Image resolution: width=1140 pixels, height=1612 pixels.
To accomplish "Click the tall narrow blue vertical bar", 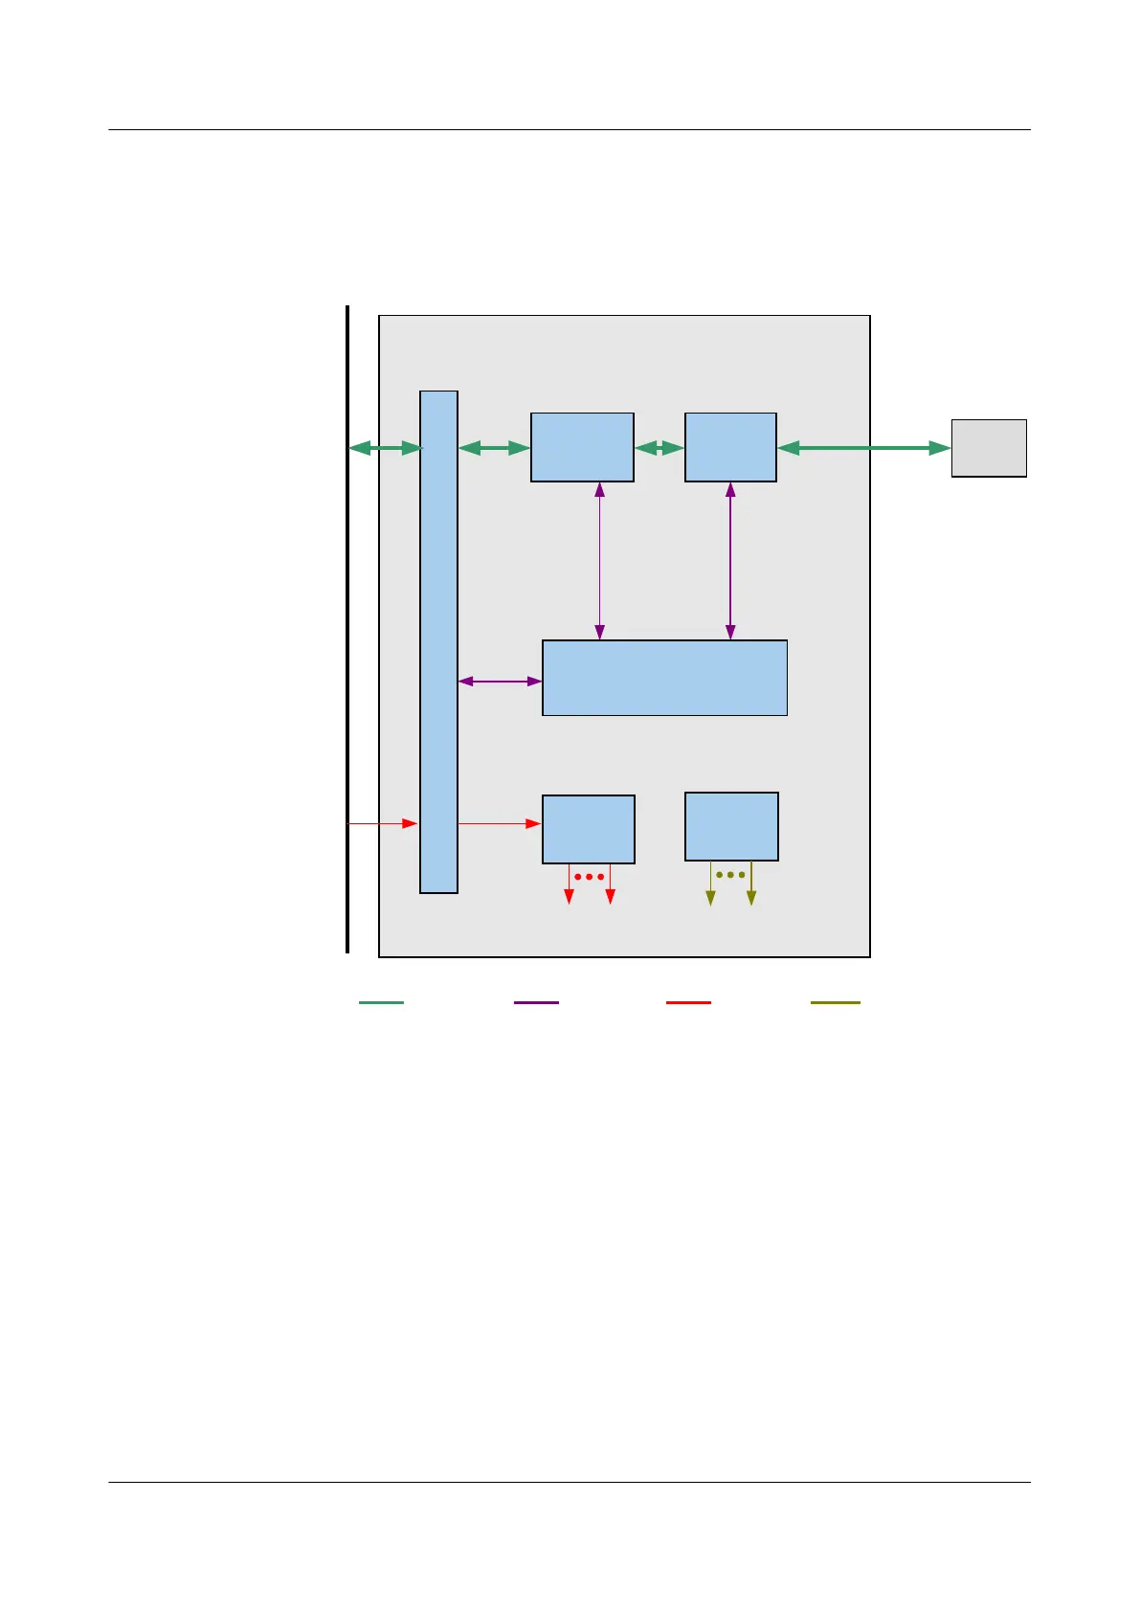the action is [438, 641].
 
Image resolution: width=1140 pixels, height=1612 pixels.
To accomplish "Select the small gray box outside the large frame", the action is [989, 448].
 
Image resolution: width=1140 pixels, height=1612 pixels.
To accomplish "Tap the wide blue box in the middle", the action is [664, 678].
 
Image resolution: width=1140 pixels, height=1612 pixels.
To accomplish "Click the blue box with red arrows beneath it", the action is [588, 829].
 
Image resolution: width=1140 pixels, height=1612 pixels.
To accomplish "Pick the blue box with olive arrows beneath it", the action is [731, 826].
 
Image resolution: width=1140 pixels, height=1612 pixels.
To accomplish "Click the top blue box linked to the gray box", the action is [730, 447].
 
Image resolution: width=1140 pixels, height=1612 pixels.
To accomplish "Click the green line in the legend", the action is [381, 1002].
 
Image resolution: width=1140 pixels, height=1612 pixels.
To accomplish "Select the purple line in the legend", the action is [536, 1002].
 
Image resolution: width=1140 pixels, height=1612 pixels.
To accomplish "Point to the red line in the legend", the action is [688, 1002].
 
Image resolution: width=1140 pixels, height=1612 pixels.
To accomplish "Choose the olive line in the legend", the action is [835, 1002].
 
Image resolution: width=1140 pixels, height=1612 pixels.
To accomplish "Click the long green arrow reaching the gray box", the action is [863, 448].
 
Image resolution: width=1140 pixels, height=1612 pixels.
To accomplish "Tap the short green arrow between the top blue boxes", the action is [659, 448].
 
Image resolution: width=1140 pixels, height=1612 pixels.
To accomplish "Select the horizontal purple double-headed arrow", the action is [500, 682].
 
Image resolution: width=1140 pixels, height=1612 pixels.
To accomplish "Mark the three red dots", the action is [589, 877].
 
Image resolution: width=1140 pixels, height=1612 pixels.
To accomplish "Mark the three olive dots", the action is [730, 875].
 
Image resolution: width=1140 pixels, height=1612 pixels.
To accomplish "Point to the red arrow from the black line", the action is [382, 823].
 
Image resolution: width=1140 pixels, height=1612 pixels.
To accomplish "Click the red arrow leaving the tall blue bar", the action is [499, 823].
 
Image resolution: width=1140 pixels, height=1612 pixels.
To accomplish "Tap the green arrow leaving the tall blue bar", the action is [494, 448].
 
